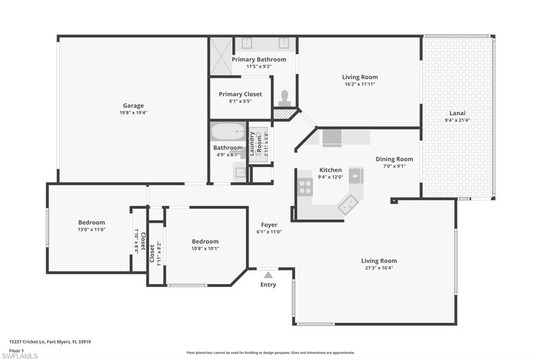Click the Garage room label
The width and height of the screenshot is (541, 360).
133,106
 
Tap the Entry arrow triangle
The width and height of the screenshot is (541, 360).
268,275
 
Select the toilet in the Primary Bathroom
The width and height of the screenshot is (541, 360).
285,98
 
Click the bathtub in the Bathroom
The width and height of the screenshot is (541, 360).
228,131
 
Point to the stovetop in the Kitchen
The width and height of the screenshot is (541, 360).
305,187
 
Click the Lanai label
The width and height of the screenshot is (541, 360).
457,113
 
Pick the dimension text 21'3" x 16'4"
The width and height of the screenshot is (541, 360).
379,268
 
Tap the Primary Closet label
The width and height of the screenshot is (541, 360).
240,94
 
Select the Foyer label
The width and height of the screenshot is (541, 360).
269,225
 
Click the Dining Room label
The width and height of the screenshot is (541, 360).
394,159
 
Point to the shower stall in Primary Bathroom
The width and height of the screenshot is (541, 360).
221,56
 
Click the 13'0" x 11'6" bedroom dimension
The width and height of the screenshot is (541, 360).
91,229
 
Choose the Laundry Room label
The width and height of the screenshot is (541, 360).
255,144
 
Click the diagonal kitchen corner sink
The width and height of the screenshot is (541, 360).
348,204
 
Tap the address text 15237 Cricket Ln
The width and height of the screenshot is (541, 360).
27,342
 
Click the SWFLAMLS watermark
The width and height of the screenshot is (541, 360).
20,356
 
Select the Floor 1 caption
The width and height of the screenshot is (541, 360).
16,350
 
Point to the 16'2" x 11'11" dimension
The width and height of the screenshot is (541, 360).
360,84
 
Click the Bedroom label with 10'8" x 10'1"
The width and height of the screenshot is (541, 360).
206,241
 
